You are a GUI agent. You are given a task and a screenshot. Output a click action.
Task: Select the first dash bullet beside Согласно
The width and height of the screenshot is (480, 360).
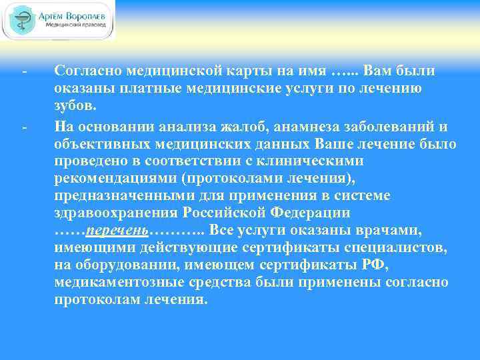pos(24,71)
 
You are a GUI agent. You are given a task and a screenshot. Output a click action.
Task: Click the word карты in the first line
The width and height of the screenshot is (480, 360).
pos(242,71)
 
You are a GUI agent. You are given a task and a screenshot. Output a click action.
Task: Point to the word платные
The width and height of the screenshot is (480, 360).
pos(153,88)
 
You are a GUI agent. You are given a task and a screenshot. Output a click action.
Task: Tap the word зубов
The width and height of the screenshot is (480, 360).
pos(75,105)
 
